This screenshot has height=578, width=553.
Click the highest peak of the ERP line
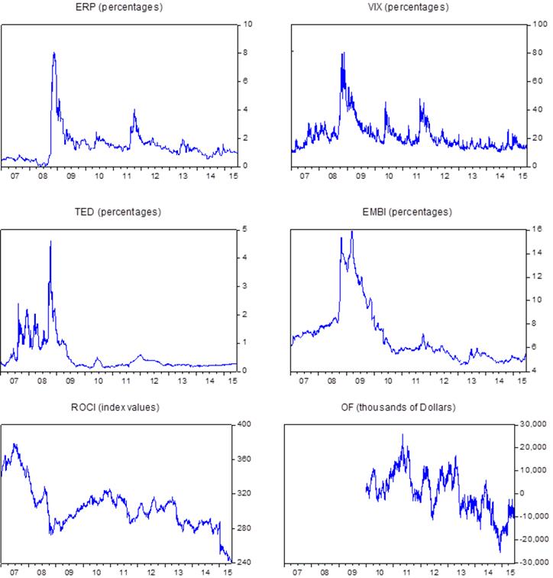[53, 53]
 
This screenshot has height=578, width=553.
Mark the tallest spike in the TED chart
[50, 242]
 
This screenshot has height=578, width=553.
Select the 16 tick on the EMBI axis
[538, 229]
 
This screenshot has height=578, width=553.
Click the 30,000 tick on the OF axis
[538, 424]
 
